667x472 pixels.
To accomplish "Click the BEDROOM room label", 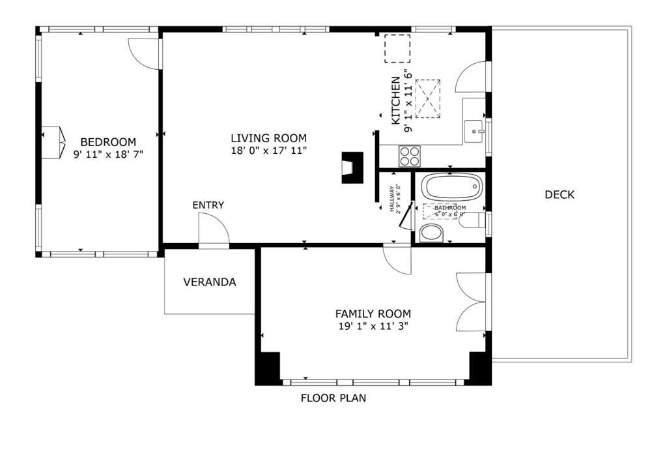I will coord(108,142).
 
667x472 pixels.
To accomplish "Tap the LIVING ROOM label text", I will coord(268,138).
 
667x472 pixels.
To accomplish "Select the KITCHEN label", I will coord(395,100).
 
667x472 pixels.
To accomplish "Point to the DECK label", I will coord(560,194).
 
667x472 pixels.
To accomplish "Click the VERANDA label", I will coord(209,282).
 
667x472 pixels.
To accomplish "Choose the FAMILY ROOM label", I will coord(373,314).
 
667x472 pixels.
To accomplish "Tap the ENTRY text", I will coord(208,205).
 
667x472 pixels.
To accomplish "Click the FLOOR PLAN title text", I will coord(333,398).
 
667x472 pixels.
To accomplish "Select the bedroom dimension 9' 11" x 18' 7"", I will coord(108,155).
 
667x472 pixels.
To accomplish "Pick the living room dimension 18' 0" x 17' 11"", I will coord(268,151).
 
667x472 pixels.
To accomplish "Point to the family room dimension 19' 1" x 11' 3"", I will coord(373,326).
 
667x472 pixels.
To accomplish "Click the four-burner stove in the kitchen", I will coord(410,156).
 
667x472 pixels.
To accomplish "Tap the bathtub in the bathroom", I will coord(452,188).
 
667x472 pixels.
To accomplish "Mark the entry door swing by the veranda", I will coord(213,229).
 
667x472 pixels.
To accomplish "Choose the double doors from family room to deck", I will coord(471,302).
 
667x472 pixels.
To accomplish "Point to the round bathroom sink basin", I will coord(431,232).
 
